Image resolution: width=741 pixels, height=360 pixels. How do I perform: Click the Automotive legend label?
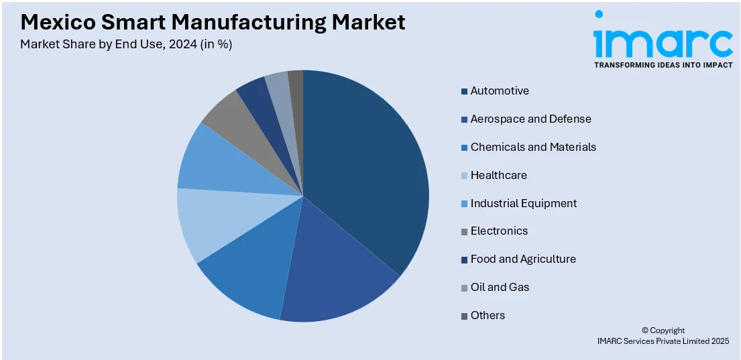[500, 91]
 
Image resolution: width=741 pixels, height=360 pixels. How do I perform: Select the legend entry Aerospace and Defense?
[530, 119]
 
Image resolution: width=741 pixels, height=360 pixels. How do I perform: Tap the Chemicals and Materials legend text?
[533, 147]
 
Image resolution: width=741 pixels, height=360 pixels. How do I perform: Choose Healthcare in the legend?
[498, 175]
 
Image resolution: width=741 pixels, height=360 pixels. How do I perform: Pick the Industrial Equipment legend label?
[523, 203]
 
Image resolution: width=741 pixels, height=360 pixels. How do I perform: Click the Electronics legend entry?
[499, 231]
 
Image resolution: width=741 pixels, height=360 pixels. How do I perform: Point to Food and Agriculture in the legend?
[523, 259]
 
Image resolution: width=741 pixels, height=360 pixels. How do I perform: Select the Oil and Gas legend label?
[500, 287]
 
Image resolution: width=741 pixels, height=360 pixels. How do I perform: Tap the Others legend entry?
[488, 315]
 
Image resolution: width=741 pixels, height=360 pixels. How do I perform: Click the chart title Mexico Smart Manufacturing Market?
[213, 22]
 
